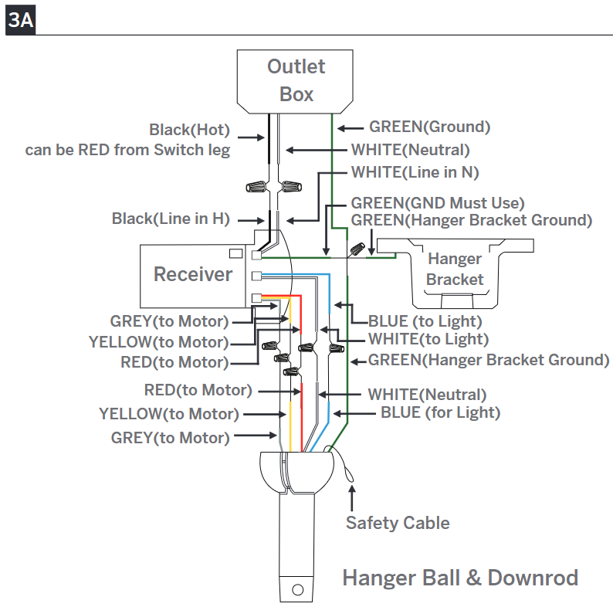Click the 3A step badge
20,20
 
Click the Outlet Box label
296,80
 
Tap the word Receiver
193,274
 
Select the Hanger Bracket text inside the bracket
455,269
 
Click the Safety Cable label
398,523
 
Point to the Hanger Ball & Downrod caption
460,578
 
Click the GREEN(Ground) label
430,127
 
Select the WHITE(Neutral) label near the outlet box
411,150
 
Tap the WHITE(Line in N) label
415,172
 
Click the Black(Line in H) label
171,219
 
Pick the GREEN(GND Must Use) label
438,203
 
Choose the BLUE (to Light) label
425,321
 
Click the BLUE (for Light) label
441,412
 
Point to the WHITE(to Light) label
428,339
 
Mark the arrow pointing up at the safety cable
352,498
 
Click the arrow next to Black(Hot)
251,137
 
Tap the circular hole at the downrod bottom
297,590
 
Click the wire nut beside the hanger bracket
357,249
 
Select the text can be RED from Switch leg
127,150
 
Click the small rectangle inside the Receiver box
235,254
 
